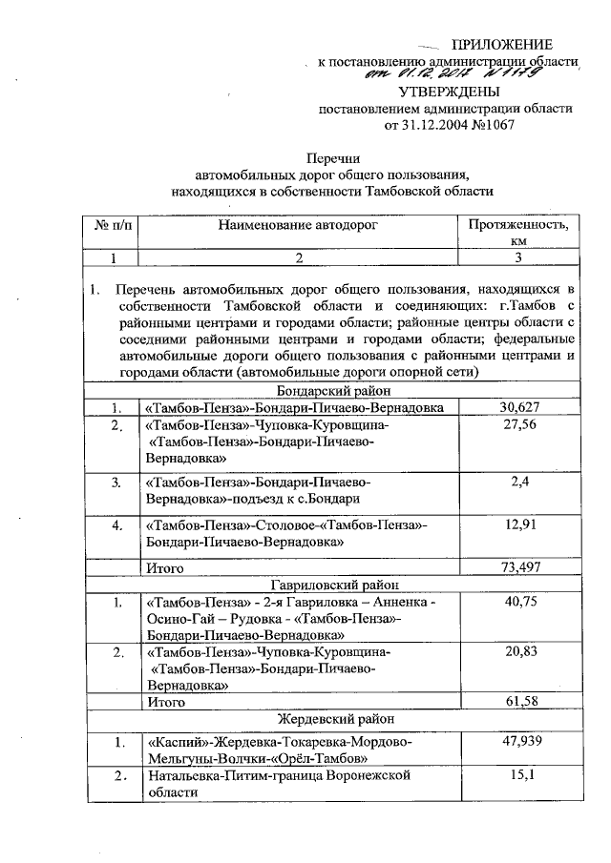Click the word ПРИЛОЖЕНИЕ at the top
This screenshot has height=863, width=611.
(502, 45)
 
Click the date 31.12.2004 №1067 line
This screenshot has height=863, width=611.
(448, 124)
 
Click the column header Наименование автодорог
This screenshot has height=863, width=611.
(298, 226)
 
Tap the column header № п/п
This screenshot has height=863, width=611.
(114, 226)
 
